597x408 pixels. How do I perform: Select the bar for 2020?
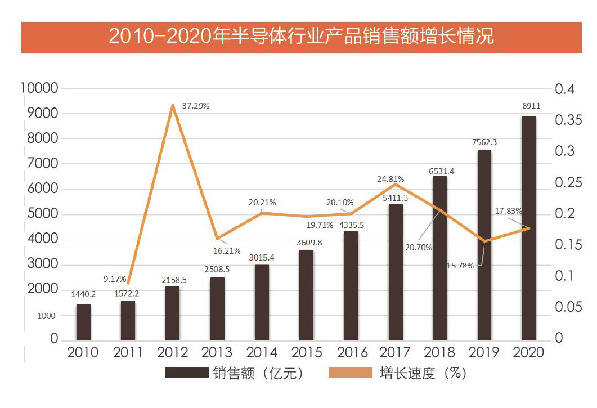[x=529, y=228]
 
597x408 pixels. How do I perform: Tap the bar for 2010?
[x=83, y=322]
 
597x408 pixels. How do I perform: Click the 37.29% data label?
[x=196, y=106]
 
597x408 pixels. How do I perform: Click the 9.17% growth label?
[x=114, y=278]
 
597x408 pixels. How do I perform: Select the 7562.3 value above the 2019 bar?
[x=484, y=142]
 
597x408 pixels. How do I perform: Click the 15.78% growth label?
[x=460, y=265]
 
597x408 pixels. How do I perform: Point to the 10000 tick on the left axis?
[x=39, y=88]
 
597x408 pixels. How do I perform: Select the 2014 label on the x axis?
[x=262, y=353]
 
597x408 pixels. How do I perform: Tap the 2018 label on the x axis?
[x=440, y=353]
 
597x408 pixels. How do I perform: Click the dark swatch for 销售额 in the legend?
[x=185, y=373]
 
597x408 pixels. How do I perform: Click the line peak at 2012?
[x=172, y=105]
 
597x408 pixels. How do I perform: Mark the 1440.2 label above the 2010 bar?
[x=84, y=294]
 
